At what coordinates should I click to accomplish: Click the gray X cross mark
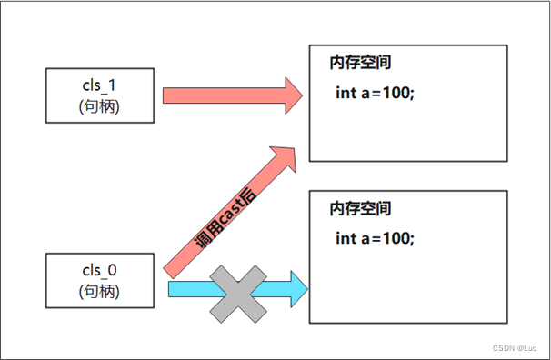239,292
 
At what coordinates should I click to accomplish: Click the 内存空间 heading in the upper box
361,64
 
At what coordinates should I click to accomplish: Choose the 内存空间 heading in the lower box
361,208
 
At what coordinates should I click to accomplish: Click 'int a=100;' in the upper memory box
375,92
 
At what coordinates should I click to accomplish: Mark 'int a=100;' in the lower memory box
375,237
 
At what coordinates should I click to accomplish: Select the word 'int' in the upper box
346,92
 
